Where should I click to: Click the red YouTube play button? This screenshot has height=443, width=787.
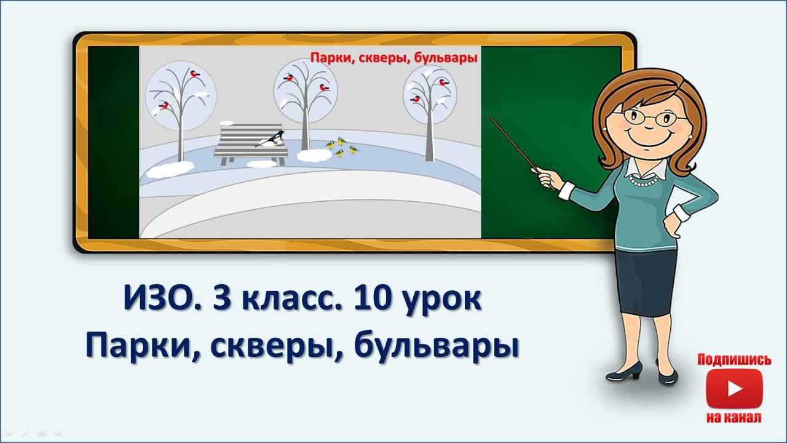tap(734, 389)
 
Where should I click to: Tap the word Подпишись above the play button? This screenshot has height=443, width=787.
tap(734, 360)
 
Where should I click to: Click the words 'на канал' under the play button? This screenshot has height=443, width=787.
tap(734, 418)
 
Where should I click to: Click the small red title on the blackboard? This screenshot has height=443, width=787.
tap(393, 58)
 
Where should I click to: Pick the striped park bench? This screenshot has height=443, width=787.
tap(250, 143)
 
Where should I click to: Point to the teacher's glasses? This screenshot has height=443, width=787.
tap(650, 116)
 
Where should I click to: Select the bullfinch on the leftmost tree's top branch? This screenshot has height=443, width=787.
tap(197, 74)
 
